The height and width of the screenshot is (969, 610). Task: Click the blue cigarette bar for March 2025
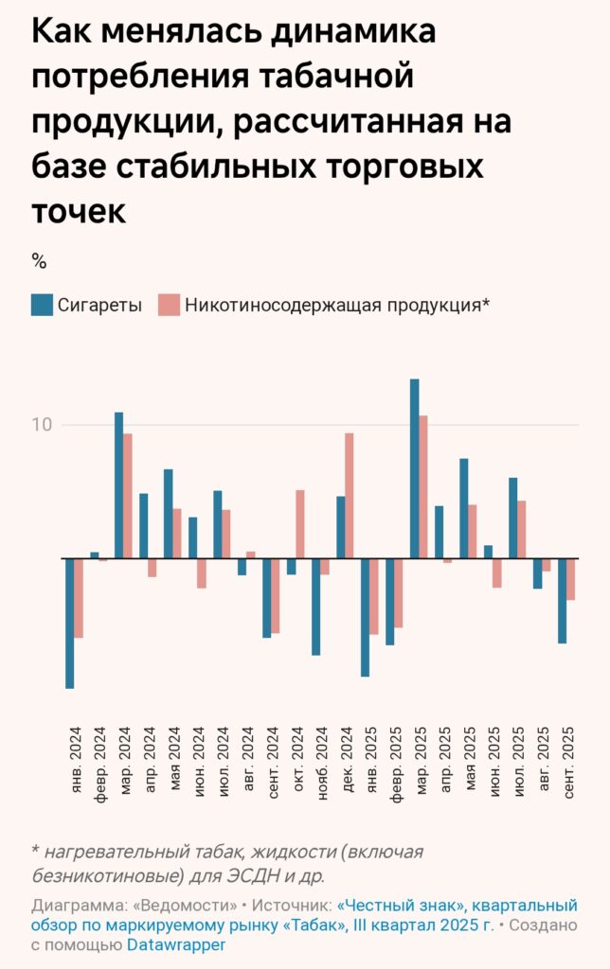click(414, 468)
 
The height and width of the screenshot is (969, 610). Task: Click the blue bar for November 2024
click(315, 607)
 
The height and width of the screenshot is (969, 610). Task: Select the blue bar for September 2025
click(562, 601)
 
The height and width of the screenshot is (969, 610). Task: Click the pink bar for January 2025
click(374, 596)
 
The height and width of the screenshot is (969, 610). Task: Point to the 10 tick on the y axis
click(42, 424)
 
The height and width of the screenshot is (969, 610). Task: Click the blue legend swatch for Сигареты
click(41, 305)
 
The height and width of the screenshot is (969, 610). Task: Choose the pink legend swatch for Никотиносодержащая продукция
click(169, 305)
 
